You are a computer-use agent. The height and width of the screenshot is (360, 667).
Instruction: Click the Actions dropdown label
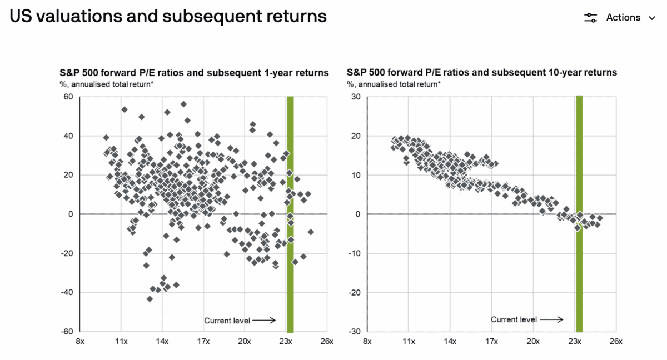tap(623, 18)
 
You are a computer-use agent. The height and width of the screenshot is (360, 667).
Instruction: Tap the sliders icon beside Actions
tap(590, 18)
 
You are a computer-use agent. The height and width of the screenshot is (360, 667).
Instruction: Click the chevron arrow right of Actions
tap(652, 18)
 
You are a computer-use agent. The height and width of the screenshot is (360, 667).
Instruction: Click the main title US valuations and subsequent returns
tap(168, 17)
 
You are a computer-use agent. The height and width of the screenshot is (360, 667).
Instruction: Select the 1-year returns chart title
tap(194, 73)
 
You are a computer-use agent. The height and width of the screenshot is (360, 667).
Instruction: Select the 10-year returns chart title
tap(481, 73)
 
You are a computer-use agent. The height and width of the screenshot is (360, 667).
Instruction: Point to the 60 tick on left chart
tap(69, 97)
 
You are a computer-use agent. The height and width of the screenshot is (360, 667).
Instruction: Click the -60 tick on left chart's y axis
tap(67, 332)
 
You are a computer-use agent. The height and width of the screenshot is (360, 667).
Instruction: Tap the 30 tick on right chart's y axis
tap(356, 97)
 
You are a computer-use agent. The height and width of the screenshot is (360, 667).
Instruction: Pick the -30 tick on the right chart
tap(354, 332)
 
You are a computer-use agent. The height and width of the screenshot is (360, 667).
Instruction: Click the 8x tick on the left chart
tap(80, 341)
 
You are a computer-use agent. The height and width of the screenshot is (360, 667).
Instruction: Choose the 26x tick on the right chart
tap(616, 341)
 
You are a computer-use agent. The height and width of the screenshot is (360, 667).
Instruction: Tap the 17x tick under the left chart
tap(203, 341)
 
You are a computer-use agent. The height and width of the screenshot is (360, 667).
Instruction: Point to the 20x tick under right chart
tap(533, 341)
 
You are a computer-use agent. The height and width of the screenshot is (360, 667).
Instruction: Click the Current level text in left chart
tap(227, 320)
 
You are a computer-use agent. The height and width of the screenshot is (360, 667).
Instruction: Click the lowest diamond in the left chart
tap(150, 299)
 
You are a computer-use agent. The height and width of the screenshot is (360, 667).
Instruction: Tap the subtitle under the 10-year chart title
tap(394, 84)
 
